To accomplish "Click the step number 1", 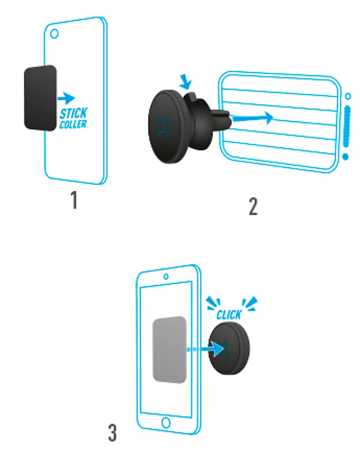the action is (74, 200).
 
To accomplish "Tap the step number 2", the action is (253, 206).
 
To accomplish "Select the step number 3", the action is (112, 432).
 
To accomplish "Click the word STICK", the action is (73, 113).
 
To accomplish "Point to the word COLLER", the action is (73, 124).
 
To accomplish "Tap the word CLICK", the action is (229, 314).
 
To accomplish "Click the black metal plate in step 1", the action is (40, 98).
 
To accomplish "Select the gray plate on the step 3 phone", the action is (170, 350).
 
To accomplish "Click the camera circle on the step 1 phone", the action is (54, 33).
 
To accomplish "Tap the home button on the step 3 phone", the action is (166, 422).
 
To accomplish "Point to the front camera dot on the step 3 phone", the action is (166, 277).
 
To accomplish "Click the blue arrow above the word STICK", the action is (66, 98).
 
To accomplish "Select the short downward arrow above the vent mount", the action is (186, 82).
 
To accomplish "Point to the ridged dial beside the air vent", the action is (346, 126).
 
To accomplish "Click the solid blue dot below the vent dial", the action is (346, 157).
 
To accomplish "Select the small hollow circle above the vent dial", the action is (348, 96).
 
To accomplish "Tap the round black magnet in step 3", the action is (229, 348).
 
